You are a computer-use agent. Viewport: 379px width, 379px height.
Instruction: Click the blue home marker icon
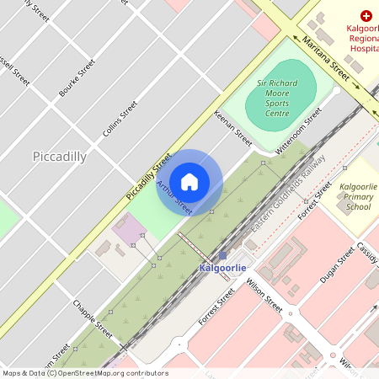(x=189, y=181)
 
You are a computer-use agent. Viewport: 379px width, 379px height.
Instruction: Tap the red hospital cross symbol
(x=366, y=15)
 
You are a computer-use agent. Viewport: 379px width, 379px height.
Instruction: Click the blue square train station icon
(x=223, y=255)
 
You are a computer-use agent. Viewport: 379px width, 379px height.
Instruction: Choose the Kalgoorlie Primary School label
(x=358, y=196)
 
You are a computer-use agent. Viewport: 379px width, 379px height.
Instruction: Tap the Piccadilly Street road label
(x=148, y=176)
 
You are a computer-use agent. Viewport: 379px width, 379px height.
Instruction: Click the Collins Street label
(x=120, y=118)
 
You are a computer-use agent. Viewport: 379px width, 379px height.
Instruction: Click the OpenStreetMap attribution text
(x=84, y=373)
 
